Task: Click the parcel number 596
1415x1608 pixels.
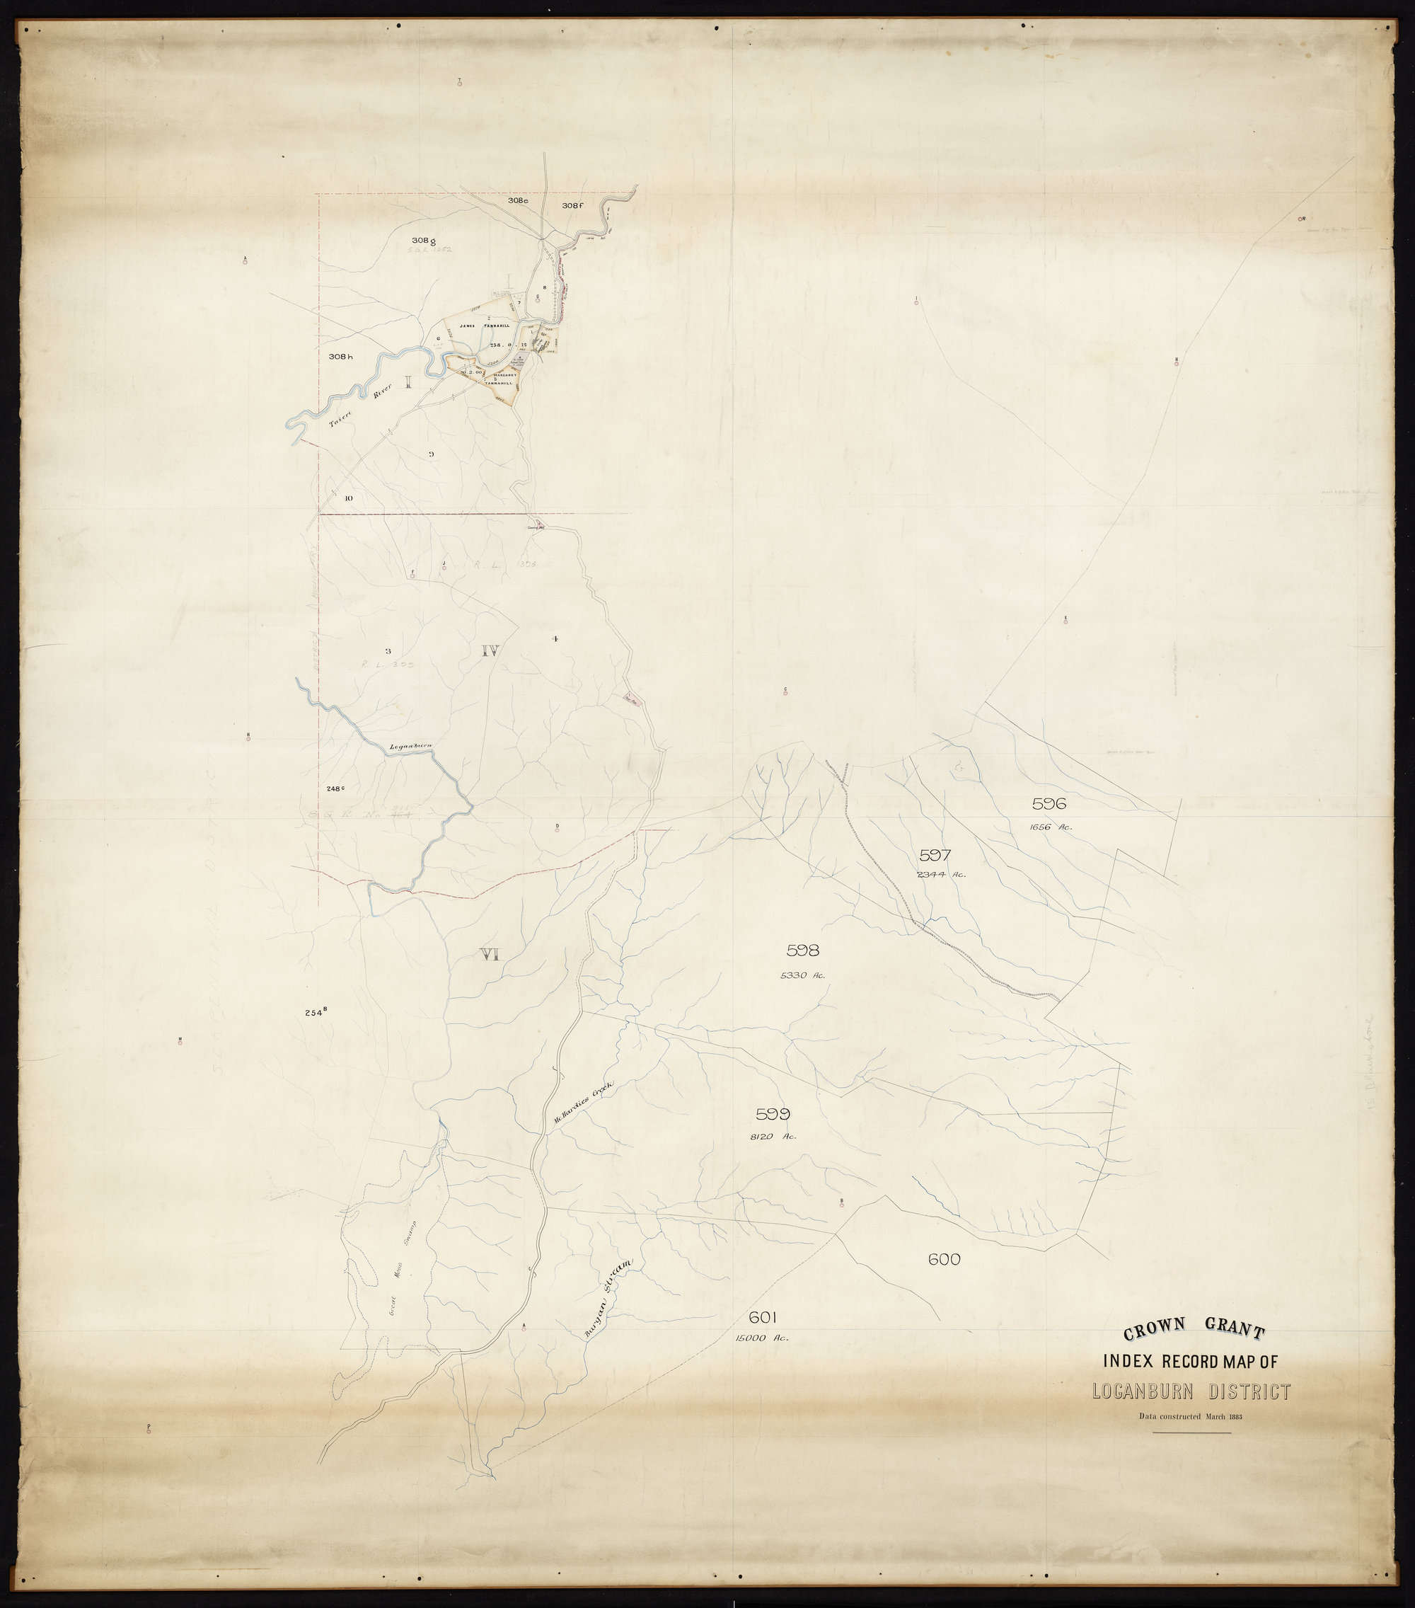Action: click(x=1049, y=803)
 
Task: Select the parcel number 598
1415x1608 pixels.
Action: click(x=802, y=951)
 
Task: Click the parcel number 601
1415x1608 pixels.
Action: click(x=763, y=1317)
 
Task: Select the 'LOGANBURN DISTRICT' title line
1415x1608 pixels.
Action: click(x=1191, y=1391)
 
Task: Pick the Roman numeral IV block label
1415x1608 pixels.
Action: click(x=490, y=650)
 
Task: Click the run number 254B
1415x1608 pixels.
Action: click(x=315, y=1013)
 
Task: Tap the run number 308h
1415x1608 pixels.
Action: click(x=341, y=357)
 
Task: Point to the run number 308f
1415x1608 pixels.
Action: click(x=573, y=205)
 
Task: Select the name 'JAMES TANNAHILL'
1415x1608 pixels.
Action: click(x=485, y=325)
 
